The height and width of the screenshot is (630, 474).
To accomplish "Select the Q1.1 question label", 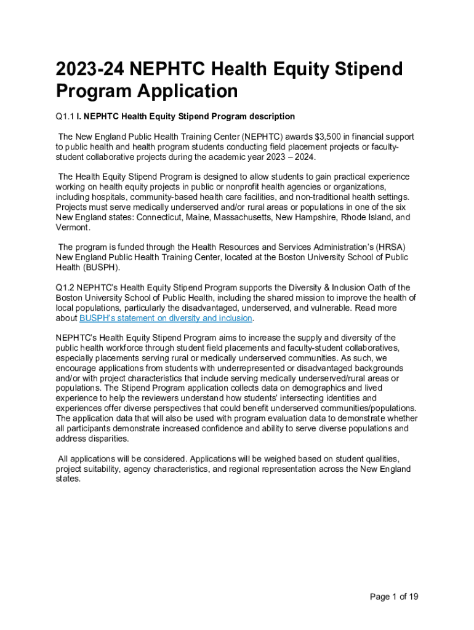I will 65,116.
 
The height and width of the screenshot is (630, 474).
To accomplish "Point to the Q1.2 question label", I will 65,287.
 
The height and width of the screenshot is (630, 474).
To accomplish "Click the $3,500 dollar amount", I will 313,137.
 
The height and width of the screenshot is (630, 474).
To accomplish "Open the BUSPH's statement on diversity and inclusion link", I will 166,318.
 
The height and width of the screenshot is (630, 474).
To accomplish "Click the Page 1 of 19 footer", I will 394,597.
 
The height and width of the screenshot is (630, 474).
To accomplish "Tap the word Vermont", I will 72,228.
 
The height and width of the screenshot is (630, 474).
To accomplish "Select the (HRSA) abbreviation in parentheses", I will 392,247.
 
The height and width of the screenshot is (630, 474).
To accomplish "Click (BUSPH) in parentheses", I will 100,268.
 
